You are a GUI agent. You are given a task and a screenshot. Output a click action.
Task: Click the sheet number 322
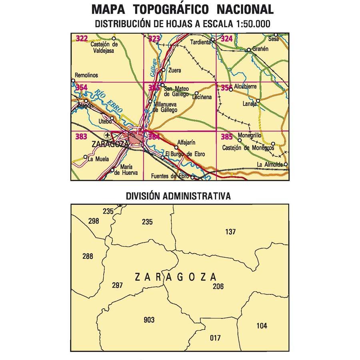click(82, 38)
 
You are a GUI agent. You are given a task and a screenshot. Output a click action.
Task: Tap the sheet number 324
click(226, 39)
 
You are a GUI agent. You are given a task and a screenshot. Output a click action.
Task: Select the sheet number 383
click(81, 137)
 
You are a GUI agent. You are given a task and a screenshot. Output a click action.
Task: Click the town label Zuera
click(175, 70)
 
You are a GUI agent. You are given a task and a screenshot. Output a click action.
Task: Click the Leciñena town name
click(202, 97)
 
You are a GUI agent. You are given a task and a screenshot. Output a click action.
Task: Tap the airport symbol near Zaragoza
click(107, 135)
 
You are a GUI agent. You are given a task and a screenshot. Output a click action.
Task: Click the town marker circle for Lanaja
click(258, 101)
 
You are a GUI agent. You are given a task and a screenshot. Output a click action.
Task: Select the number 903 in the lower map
click(148, 320)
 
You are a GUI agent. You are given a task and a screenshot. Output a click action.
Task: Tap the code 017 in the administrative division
click(215, 338)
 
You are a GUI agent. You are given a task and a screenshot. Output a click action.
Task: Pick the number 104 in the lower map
click(261, 326)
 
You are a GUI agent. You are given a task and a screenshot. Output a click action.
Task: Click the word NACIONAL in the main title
click(244, 9)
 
